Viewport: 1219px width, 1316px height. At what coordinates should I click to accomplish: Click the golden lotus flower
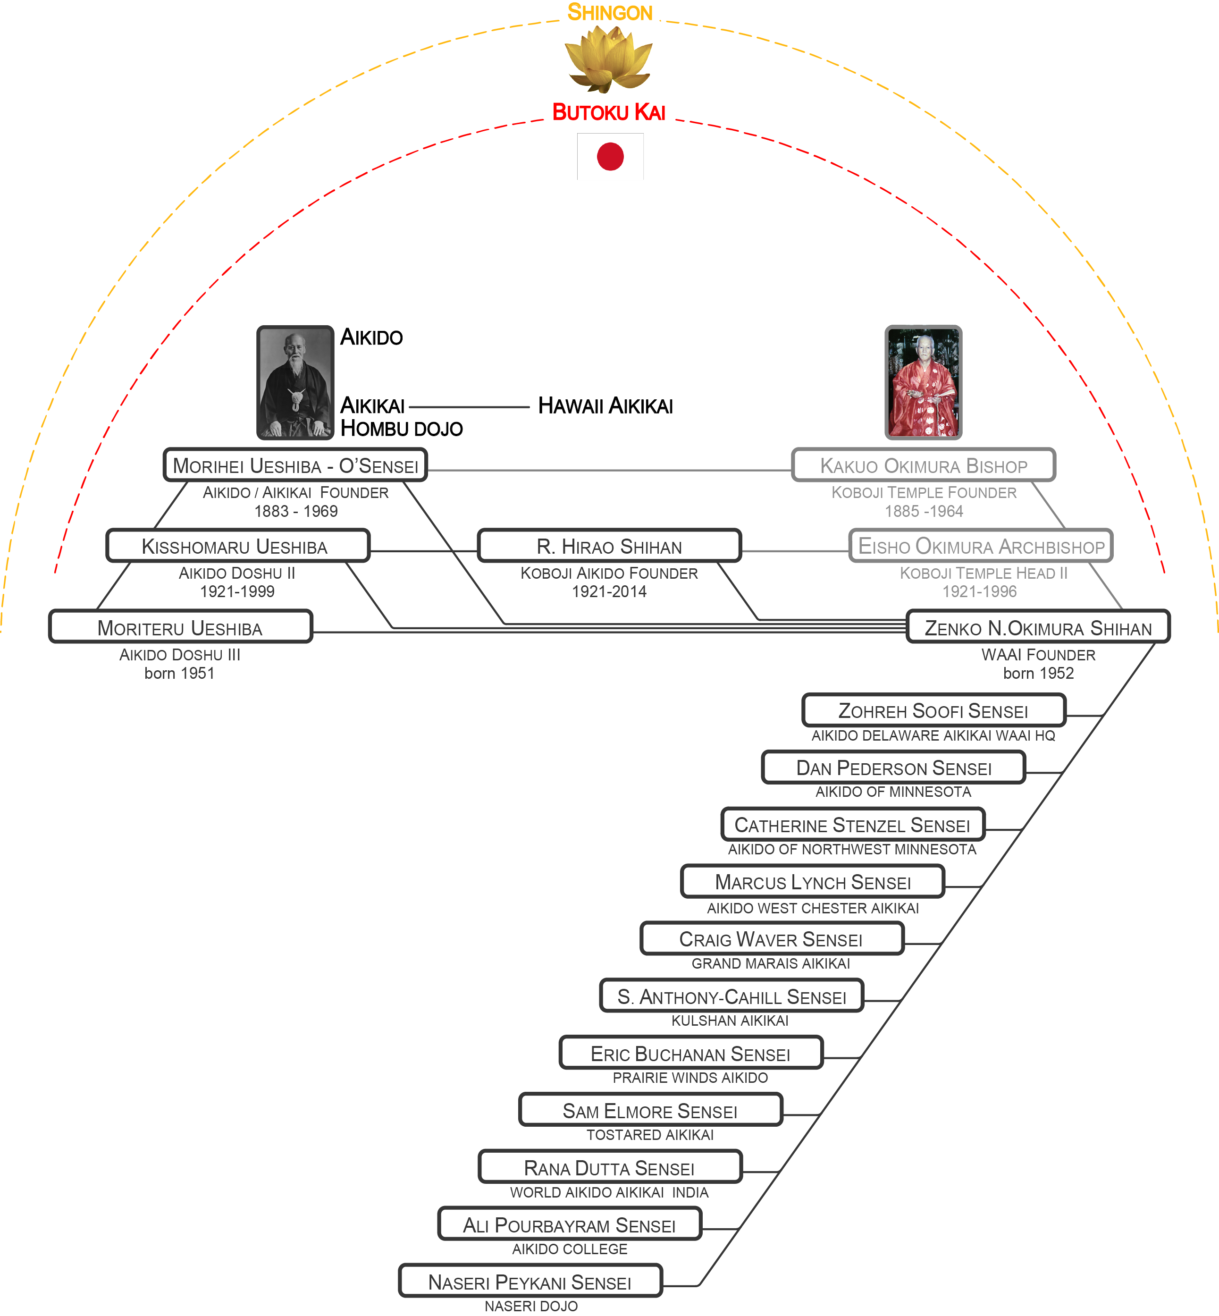click(x=609, y=59)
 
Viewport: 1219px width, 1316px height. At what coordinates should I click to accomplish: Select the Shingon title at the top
click(x=610, y=13)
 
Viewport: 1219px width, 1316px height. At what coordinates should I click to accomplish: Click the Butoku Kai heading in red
click(x=609, y=112)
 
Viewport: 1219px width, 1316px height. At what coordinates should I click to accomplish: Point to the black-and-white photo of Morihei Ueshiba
click(x=295, y=383)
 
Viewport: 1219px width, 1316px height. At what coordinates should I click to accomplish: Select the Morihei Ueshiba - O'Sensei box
click(x=295, y=466)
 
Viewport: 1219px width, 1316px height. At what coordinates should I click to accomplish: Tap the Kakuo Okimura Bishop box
click(x=923, y=466)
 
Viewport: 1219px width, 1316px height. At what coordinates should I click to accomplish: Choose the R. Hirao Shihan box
click(x=609, y=546)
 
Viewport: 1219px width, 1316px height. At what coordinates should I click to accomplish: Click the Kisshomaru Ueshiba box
click(x=237, y=546)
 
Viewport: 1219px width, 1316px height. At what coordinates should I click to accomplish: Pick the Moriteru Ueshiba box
click(x=180, y=627)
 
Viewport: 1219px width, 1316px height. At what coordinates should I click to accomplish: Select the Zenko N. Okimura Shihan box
click(x=1038, y=627)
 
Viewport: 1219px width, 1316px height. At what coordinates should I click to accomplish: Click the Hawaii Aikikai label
click(x=605, y=405)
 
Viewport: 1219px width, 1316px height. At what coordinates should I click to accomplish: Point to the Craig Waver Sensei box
click(x=771, y=939)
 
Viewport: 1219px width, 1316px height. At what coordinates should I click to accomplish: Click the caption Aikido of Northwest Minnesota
click(x=851, y=850)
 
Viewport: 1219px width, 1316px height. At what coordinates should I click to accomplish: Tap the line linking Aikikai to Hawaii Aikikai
click(x=468, y=407)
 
